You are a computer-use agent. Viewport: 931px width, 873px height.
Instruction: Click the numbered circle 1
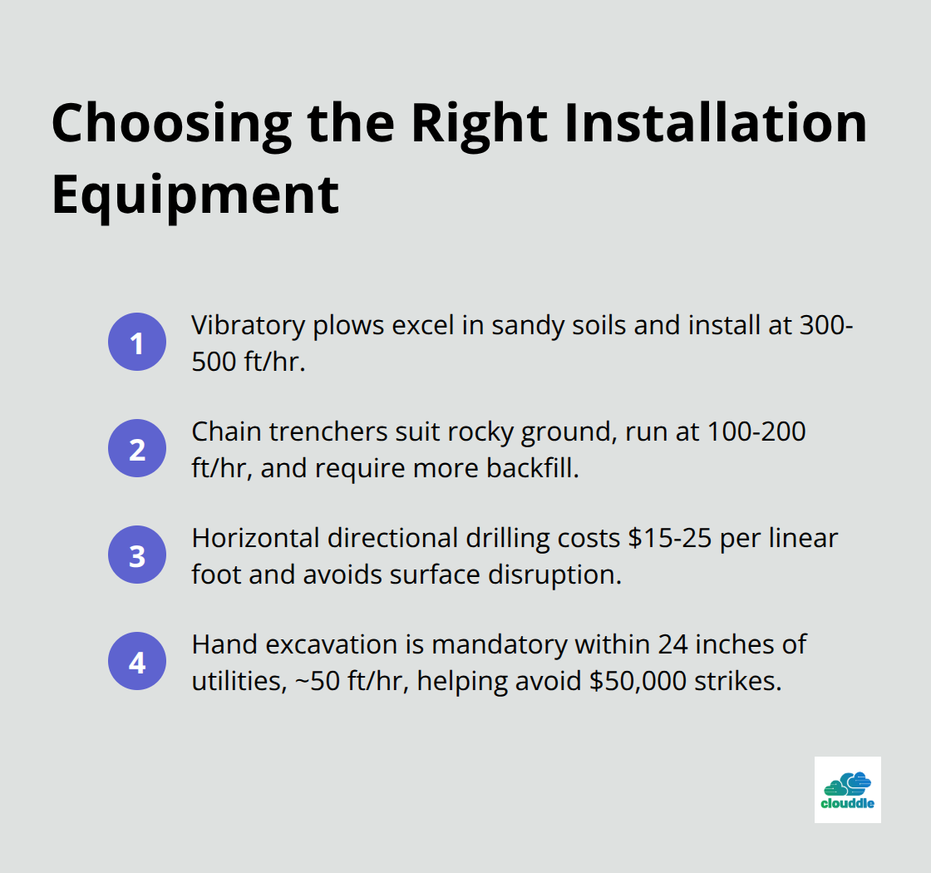[x=137, y=342]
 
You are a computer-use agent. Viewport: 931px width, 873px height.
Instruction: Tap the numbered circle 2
[x=137, y=449]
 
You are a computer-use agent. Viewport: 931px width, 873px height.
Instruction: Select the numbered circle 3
[x=137, y=555]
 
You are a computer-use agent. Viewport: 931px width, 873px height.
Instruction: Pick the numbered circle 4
[x=137, y=663]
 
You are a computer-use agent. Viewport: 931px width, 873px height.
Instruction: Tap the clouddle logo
[x=847, y=790]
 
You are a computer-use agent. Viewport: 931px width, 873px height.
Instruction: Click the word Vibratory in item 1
[x=247, y=324]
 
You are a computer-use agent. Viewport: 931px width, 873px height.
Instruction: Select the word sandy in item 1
[x=523, y=324]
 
